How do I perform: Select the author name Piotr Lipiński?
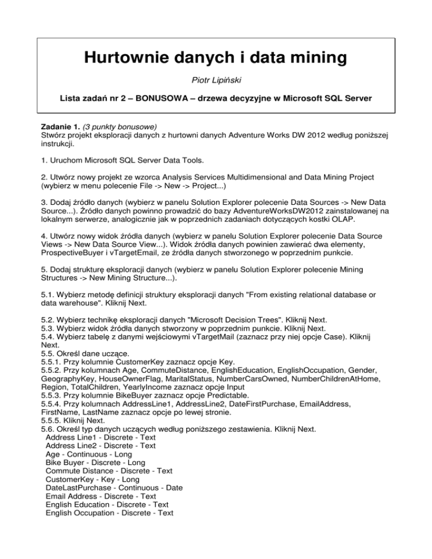[215, 81]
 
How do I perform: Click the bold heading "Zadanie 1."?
[57, 128]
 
